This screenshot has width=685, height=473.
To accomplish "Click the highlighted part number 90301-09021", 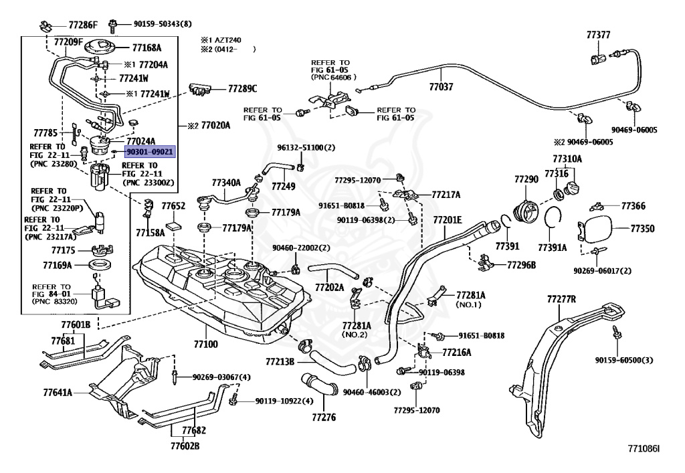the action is [150, 152].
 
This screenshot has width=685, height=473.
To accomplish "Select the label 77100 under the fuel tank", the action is [206, 344].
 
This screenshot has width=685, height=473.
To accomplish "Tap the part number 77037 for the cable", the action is [442, 86].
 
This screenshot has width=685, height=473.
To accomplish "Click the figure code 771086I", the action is [644, 448].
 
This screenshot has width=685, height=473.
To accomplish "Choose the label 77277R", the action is [561, 299].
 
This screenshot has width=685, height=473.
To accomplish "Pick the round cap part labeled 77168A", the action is [100, 48].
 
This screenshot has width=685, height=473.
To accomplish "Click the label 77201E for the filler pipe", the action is [448, 219].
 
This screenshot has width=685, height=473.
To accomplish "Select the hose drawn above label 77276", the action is [319, 384].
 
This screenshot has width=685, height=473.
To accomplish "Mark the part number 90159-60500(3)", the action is [624, 360].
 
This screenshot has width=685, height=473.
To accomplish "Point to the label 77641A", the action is [58, 392].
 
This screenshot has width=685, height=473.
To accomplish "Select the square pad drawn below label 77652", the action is [175, 226].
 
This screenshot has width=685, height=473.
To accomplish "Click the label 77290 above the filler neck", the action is [526, 179].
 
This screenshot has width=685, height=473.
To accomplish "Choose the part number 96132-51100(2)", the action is [306, 148].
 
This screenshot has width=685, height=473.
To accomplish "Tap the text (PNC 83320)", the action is [55, 301].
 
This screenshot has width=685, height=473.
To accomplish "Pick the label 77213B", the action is [280, 362].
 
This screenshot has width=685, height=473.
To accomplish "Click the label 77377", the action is [598, 35].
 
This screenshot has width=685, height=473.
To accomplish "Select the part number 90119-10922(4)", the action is [284, 401].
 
